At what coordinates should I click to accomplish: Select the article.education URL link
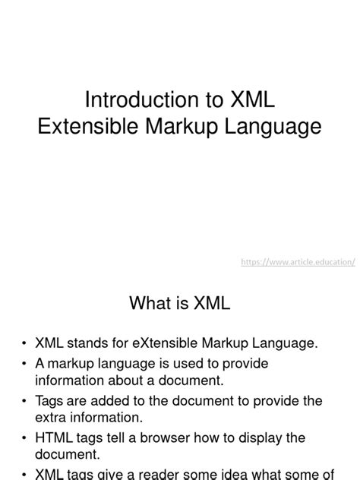click(298, 261)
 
